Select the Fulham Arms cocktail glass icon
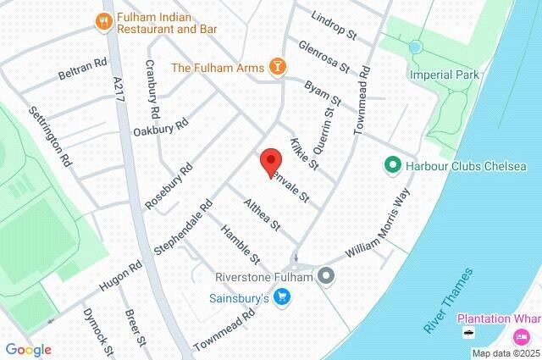[x=277, y=66]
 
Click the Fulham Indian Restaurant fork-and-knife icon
[x=105, y=23]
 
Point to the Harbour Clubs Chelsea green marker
[x=392, y=163]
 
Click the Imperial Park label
[x=444, y=75]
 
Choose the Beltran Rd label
[x=83, y=69]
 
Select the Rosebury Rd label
[x=169, y=186]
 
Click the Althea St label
[x=262, y=215]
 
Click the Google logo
[x=28, y=350]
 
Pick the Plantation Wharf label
[x=499, y=319]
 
